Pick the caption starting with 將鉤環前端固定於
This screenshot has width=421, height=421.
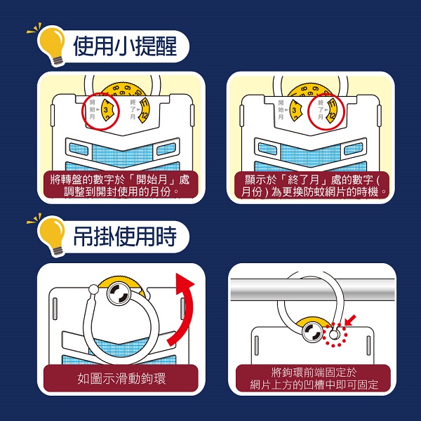tap(314, 379)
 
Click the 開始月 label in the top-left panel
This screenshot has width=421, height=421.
tap(93, 109)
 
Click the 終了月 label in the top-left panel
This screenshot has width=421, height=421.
tap(131, 110)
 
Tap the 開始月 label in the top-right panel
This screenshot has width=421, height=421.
tap(281, 109)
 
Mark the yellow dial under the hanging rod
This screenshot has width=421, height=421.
tap(314, 330)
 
